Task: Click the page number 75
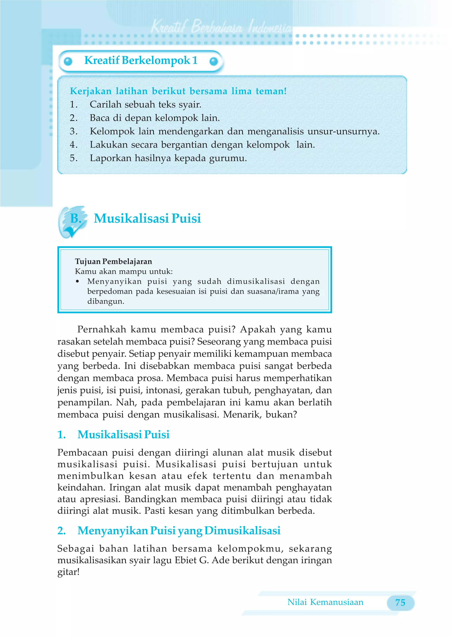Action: click(x=400, y=603)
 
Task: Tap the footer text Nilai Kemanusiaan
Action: click(x=325, y=602)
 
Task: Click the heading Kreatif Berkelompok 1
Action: click(x=141, y=60)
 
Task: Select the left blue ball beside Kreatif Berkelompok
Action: click(x=68, y=61)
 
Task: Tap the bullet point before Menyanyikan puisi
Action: click(x=77, y=282)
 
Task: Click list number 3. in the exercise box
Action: click(x=73, y=131)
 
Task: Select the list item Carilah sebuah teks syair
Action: click(x=145, y=104)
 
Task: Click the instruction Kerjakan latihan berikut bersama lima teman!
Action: click(x=178, y=91)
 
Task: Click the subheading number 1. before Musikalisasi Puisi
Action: click(x=62, y=434)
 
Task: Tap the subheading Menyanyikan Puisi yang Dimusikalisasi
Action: click(x=179, y=530)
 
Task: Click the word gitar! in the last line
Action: click(x=68, y=572)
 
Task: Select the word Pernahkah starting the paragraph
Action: click(x=102, y=329)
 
